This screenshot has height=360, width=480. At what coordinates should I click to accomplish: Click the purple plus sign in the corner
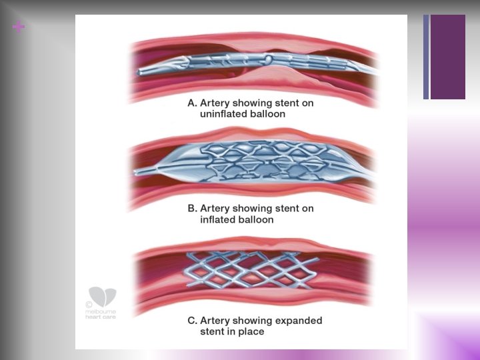click(19, 27)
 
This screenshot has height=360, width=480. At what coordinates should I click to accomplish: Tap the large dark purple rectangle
click(448, 57)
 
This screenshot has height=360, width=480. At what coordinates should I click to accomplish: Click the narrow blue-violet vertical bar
click(426, 57)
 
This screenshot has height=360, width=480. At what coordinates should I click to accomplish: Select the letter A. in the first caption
click(192, 103)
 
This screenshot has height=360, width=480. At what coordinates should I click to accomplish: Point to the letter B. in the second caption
click(192, 209)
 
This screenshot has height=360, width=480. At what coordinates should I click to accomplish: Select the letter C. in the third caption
click(192, 321)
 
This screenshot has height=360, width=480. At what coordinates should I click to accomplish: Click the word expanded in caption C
click(299, 321)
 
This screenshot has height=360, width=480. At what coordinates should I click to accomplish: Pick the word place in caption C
click(251, 332)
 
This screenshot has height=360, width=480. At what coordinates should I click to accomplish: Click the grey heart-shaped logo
click(103, 297)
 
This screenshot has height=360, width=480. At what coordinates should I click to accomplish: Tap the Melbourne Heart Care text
click(101, 315)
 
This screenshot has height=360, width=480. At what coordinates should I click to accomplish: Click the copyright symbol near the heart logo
click(89, 305)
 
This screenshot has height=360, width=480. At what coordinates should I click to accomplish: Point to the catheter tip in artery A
click(139, 73)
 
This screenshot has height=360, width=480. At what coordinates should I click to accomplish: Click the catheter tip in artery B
click(136, 173)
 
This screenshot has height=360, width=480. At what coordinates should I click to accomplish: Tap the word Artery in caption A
click(215, 103)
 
